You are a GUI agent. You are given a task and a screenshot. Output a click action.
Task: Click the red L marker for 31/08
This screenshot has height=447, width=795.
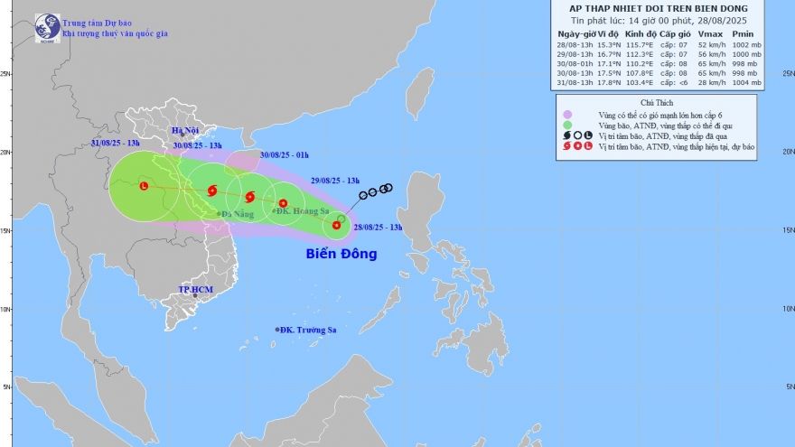(x=144, y=186)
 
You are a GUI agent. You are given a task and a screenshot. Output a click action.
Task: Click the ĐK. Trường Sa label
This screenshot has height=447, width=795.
(x=308, y=330)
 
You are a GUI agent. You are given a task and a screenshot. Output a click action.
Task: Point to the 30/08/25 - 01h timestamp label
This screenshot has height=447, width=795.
(x=285, y=154)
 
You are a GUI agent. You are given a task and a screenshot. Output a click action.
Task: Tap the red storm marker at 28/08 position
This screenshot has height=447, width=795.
(x=336, y=225)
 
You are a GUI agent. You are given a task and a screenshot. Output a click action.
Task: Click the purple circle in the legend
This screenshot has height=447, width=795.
(x=566, y=115)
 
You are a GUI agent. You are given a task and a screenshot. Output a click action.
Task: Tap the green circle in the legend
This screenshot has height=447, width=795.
(x=566, y=126)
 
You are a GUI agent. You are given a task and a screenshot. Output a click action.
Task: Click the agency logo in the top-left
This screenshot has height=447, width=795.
(x=48, y=27)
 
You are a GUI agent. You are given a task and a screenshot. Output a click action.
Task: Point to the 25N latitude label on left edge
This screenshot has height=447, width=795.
(x=5, y=74)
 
